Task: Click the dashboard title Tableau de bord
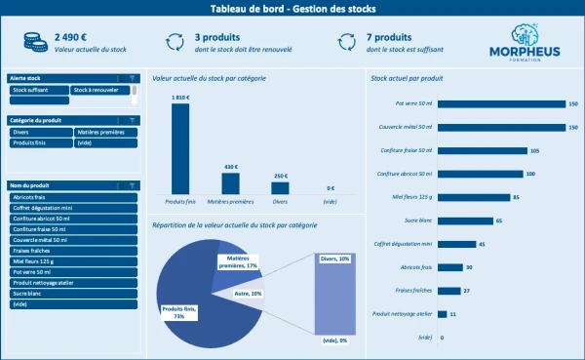pos(292,9)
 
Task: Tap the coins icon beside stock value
pos(32,41)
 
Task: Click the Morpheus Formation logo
pos(525,44)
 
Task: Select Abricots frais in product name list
pos(73,197)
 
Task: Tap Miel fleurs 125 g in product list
pos(73,260)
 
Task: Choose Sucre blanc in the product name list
pos(73,293)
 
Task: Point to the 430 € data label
pos(230,166)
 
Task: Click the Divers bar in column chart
pos(280,187)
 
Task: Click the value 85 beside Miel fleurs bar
pos(516,197)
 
